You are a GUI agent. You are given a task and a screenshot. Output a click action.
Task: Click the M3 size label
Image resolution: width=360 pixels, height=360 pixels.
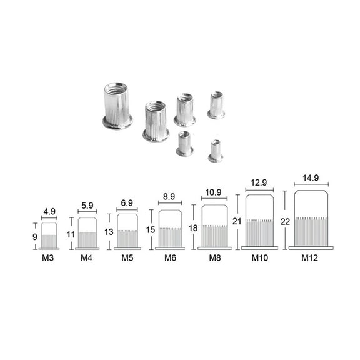49,257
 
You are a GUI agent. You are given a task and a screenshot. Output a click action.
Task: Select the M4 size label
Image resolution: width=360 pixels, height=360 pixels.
87,257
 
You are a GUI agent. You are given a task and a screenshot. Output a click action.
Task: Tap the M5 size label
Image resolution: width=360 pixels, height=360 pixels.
127,257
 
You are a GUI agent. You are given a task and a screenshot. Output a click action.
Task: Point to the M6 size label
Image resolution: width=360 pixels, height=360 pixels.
170,257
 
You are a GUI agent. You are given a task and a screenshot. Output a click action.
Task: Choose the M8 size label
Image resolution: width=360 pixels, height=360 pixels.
214,257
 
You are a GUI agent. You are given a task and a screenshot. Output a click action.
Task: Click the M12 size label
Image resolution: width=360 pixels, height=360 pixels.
311,257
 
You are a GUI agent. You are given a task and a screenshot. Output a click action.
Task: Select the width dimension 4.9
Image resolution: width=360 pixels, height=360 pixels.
49,211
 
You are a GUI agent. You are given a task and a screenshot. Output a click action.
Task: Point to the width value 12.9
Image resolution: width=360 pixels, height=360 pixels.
259,182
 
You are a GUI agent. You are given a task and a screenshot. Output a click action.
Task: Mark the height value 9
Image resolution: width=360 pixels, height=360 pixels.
36,236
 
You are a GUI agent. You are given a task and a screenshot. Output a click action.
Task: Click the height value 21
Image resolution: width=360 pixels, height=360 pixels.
236,221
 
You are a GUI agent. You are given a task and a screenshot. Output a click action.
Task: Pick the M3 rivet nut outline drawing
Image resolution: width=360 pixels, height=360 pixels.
49,236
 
